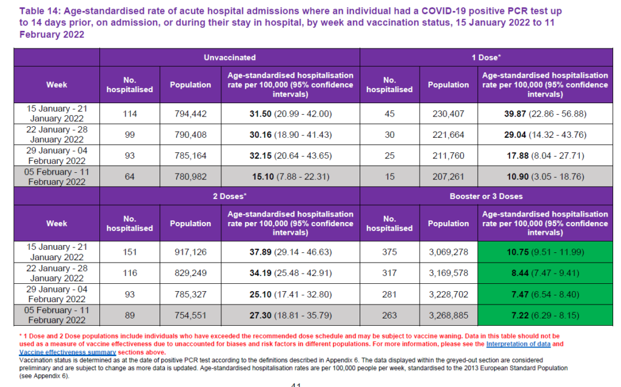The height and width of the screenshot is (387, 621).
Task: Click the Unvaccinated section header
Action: click(x=230, y=58)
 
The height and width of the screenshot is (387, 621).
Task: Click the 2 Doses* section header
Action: click(x=230, y=196)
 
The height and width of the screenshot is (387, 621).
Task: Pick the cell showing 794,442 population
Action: click(x=190, y=113)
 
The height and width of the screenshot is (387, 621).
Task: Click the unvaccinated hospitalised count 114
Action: click(x=130, y=113)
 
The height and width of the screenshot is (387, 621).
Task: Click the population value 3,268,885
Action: click(x=448, y=315)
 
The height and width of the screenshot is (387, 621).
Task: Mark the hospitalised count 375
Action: click(x=389, y=252)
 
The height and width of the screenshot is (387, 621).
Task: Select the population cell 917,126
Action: click(x=190, y=252)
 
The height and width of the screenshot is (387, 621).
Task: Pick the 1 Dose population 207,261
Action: click(x=448, y=177)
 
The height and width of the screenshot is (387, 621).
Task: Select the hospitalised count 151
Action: click(x=130, y=252)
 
